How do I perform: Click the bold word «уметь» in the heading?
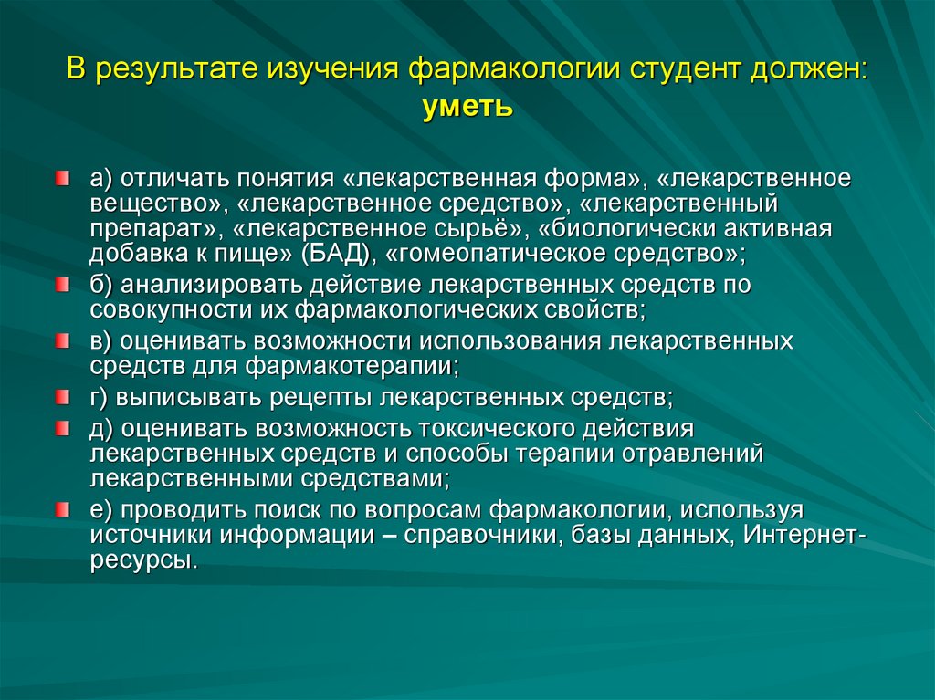[x=467, y=108]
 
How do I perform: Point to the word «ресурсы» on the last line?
[x=143, y=559]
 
